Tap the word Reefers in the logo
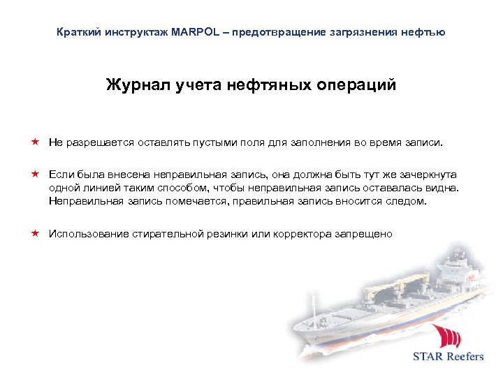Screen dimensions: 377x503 click(x=462, y=356)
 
